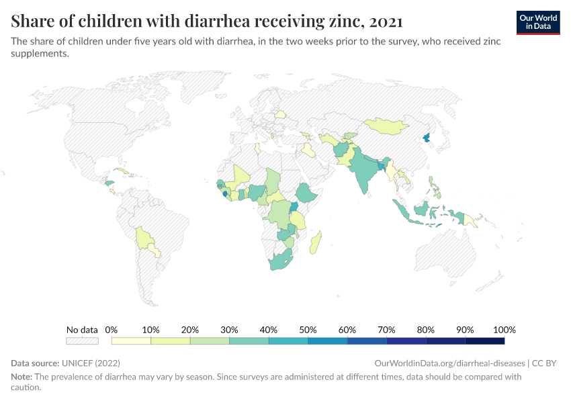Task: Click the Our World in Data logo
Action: [x=537, y=22]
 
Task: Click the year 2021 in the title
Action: [x=385, y=21]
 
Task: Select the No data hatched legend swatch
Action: [x=81, y=341]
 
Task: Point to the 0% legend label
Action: [x=112, y=330]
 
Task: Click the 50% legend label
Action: [x=308, y=330]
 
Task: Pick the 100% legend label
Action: [x=504, y=330]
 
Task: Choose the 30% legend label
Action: [x=229, y=330]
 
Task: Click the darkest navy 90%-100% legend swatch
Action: [x=484, y=341]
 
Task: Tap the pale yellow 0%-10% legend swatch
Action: [x=131, y=341]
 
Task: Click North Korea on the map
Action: [x=426, y=139]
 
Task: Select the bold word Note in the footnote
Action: [x=22, y=377]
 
